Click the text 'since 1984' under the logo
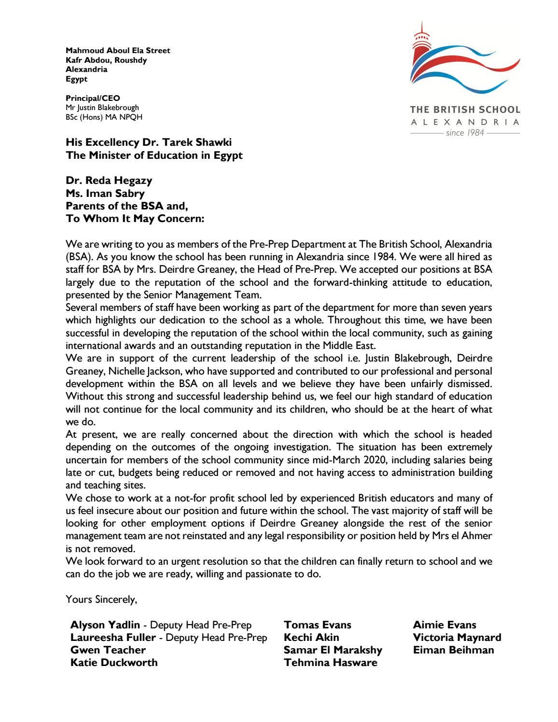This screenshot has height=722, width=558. (x=465, y=133)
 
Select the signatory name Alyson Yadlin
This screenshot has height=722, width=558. (x=105, y=625)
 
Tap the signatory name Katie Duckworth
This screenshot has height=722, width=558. (x=114, y=663)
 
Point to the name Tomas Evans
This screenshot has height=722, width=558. (x=318, y=625)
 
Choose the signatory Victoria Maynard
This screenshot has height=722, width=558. (x=457, y=638)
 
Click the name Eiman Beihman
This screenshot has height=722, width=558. (x=453, y=650)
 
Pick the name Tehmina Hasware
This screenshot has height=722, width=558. (x=331, y=663)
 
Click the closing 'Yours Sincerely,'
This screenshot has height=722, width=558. (x=101, y=599)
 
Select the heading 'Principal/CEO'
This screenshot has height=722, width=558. (x=93, y=98)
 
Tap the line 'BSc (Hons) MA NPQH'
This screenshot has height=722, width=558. (x=104, y=117)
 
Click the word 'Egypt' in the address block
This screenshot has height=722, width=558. (x=77, y=79)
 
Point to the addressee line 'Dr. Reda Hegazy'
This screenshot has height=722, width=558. (x=109, y=180)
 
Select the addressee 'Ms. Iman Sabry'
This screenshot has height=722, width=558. (x=105, y=194)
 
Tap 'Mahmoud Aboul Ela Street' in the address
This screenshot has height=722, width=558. (x=118, y=51)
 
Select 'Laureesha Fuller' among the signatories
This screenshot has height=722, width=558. (x=113, y=638)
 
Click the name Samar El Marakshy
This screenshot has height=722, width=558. (x=333, y=650)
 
